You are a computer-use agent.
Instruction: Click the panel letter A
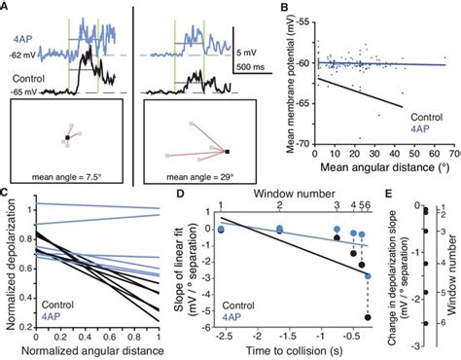pos(8,7)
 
